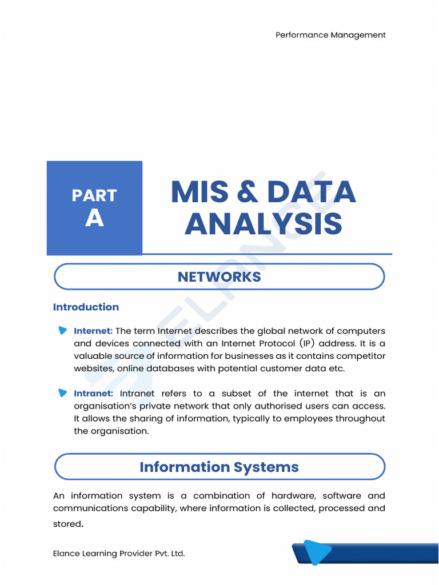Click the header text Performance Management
(x=330, y=35)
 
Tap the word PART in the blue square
(x=94, y=195)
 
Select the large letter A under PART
(x=94, y=218)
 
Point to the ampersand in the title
(x=246, y=193)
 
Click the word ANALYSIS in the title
(x=263, y=224)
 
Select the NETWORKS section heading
(x=219, y=277)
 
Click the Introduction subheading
(x=86, y=307)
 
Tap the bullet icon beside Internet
(x=62, y=330)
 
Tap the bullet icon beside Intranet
(x=62, y=392)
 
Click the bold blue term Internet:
(x=93, y=331)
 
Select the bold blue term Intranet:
(x=94, y=393)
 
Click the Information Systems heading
(x=219, y=467)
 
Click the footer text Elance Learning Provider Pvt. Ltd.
(x=119, y=553)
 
